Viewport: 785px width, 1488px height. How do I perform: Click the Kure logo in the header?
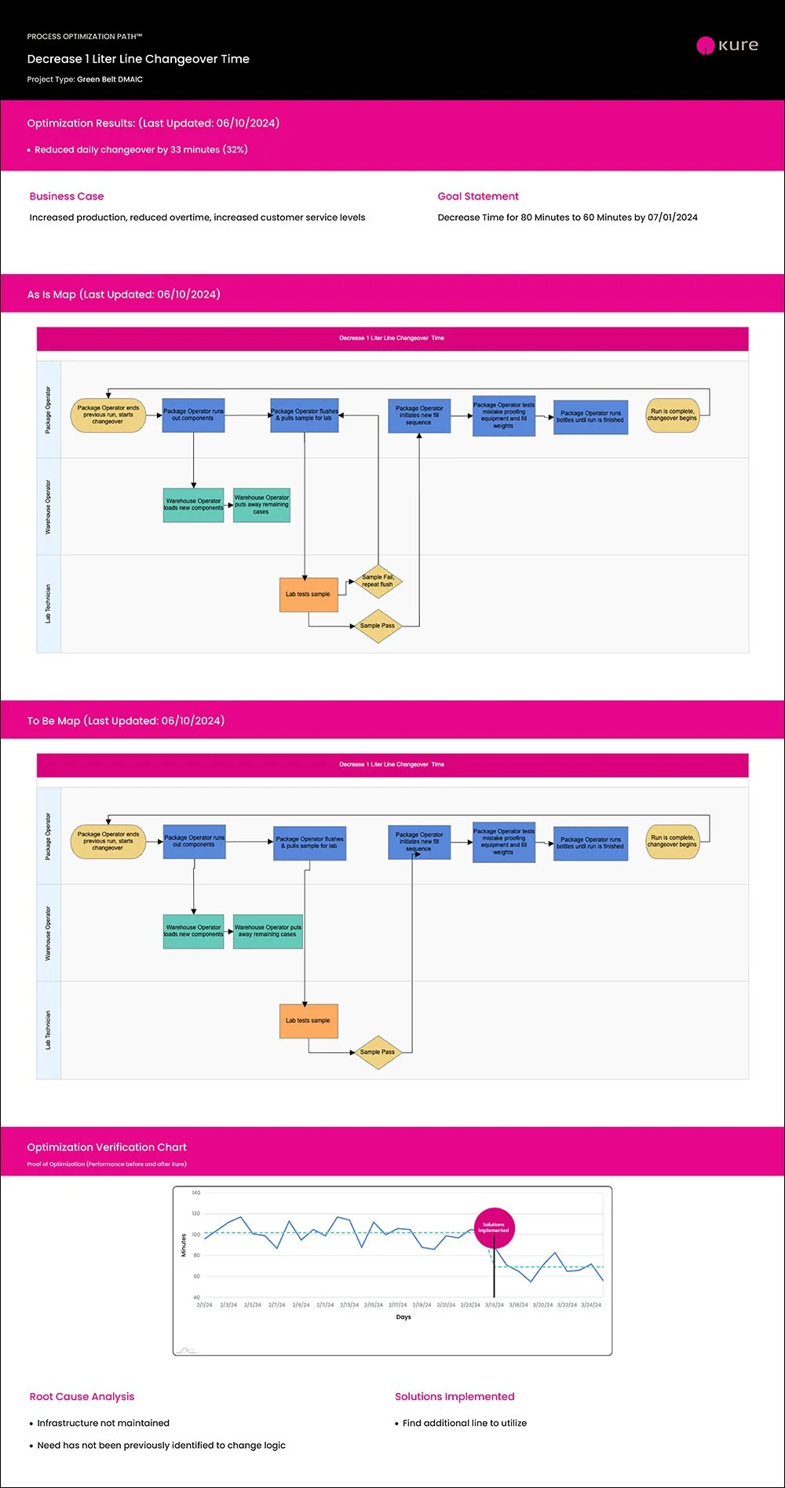tap(728, 46)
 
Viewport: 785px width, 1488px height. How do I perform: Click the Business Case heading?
tap(67, 196)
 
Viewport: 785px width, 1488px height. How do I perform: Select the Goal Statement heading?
tap(478, 196)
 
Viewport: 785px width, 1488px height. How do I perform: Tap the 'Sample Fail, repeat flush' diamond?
tap(378, 581)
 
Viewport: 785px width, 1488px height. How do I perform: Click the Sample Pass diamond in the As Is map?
tap(378, 626)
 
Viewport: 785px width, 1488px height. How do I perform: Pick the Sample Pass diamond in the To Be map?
tap(378, 1052)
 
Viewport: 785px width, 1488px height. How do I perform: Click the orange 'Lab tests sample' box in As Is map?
tap(308, 594)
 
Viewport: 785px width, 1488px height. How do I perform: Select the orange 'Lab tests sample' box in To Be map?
tap(308, 1021)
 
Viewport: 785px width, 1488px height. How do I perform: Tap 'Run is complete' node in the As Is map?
tap(672, 415)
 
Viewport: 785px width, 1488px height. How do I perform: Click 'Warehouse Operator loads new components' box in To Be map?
tap(194, 931)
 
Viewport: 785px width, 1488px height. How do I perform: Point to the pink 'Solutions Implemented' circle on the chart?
tap(494, 1227)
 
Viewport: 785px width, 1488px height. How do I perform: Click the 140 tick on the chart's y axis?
tap(196, 1193)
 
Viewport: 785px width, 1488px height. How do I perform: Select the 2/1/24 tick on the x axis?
tap(204, 1305)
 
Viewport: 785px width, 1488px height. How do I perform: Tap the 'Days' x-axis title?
tap(403, 1317)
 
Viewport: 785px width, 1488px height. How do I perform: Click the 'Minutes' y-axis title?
tap(184, 1245)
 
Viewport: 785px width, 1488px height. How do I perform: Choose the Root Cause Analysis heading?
tap(82, 1396)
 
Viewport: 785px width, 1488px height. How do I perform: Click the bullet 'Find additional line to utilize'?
tap(464, 1423)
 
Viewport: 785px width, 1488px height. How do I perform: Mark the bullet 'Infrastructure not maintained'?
tap(103, 1423)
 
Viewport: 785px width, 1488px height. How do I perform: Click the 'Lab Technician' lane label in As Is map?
tap(48, 604)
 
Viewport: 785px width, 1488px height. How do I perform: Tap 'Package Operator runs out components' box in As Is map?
tap(193, 415)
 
